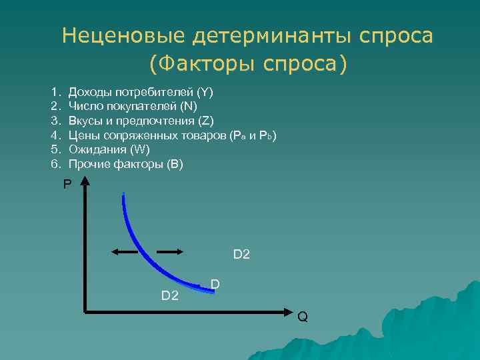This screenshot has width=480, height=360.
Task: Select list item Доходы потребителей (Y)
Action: pyautogui.click(x=141, y=91)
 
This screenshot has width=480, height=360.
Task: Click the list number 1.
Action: pyautogui.click(x=55, y=91)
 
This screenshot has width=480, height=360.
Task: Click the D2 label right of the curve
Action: pyautogui.click(x=241, y=254)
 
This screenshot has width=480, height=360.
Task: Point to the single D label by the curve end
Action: pyautogui.click(x=215, y=285)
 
